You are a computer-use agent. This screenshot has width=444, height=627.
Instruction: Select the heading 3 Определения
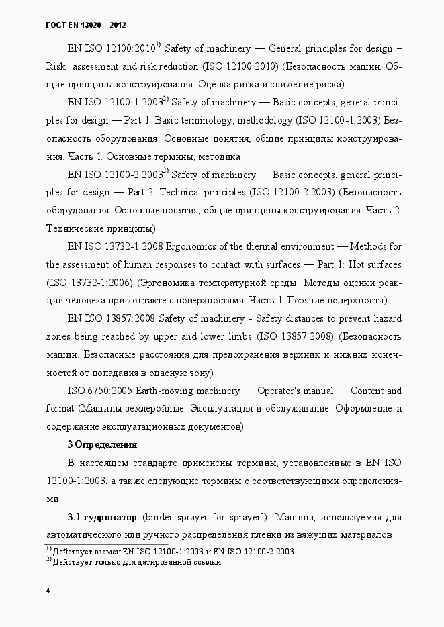[102, 444]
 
